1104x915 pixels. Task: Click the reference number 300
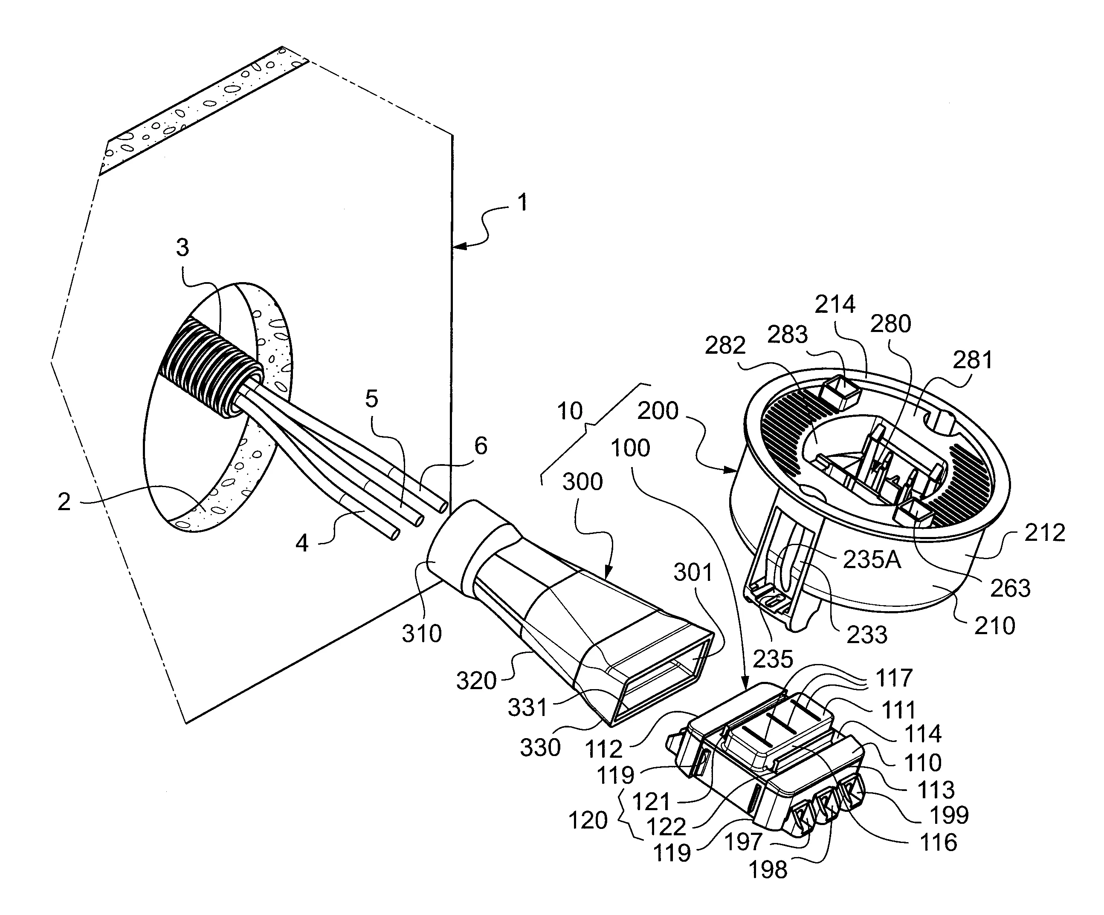582,482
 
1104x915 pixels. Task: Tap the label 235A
872,560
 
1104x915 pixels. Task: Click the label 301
693,572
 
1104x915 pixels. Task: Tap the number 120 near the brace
588,820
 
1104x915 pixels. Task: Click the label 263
1010,589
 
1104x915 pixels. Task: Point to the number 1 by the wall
522,203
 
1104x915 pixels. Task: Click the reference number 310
422,634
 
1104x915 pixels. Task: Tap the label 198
768,870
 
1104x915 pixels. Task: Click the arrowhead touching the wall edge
456,245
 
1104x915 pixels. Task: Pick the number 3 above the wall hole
182,248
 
